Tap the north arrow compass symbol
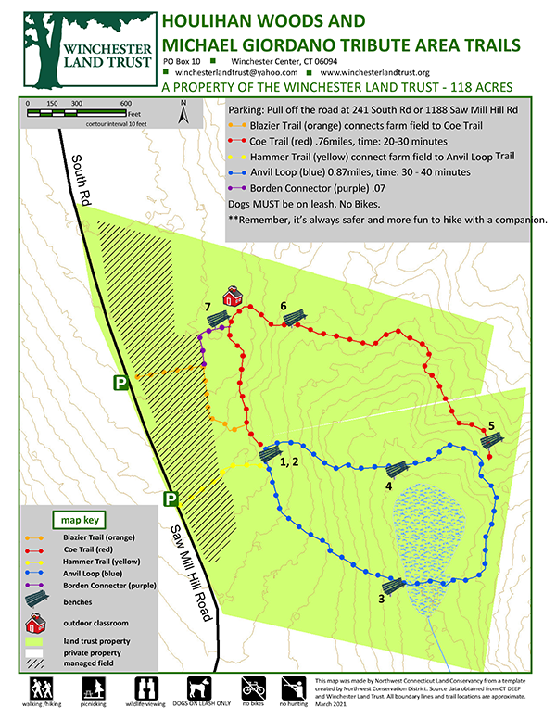click(x=183, y=110)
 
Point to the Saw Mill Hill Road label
click(x=192, y=575)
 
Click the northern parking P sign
click(x=120, y=382)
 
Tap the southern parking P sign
click(x=171, y=499)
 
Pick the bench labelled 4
click(x=398, y=470)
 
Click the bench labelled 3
click(x=392, y=586)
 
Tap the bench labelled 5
click(x=491, y=442)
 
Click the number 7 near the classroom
click(x=208, y=307)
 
